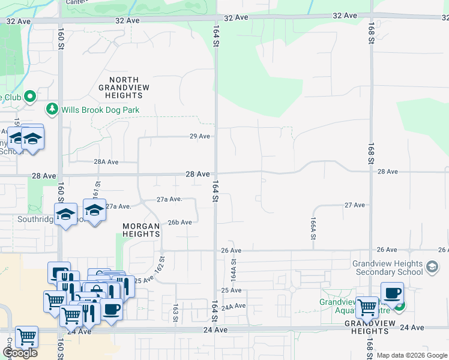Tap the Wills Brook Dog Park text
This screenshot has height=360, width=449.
pos(100,110)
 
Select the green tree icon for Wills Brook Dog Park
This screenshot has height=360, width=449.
pos(52,109)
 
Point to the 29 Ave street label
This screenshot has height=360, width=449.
pos(199,136)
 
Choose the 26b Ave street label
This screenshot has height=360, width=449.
pos(179,222)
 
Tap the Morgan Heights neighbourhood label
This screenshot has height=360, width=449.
pos(141,230)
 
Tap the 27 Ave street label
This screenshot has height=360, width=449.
pos(354,205)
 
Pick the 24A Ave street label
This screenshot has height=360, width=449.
pos(234,306)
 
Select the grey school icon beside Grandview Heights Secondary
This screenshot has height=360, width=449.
pos(432,267)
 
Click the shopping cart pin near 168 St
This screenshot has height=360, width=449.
pos(367,307)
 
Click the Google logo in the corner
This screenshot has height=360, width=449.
pos(20,353)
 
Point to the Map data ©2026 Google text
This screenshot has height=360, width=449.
pos(412,355)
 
